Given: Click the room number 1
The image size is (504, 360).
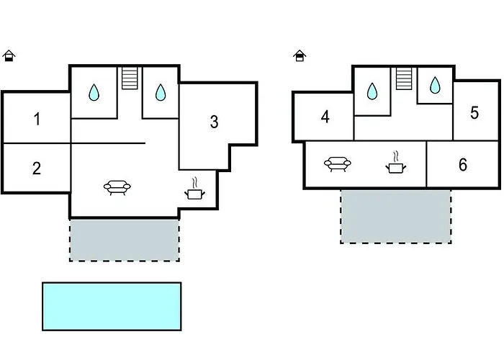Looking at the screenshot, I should click(x=37, y=119).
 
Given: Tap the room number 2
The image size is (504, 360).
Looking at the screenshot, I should click(x=37, y=168).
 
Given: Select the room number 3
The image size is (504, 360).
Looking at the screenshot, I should click(x=214, y=122).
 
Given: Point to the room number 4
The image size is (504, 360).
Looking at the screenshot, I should click(x=325, y=116).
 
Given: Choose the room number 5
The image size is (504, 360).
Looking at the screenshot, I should click(x=474, y=113).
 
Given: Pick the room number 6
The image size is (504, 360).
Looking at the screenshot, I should click(x=462, y=164).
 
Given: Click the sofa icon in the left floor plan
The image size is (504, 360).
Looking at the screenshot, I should click(x=119, y=189).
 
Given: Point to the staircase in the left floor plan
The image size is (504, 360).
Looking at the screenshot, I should click(x=130, y=77).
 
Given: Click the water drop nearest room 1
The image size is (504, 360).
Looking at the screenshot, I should click(x=94, y=92).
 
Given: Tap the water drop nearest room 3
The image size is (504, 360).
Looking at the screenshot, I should click(x=161, y=92).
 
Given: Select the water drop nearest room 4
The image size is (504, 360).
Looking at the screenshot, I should click(x=372, y=91).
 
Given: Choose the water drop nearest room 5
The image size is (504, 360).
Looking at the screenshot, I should click(x=435, y=86).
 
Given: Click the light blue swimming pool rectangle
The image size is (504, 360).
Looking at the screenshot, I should click(x=112, y=306).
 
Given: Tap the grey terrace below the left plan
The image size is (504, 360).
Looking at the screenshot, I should click(x=124, y=239).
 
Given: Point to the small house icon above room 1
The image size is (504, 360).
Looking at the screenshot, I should click(x=9, y=55).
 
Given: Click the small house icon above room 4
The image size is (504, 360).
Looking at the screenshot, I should click(x=300, y=55).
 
